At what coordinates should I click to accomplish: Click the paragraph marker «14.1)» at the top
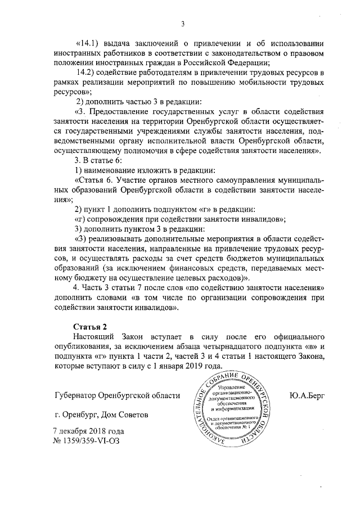87,44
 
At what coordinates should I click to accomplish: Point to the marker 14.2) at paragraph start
85,74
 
